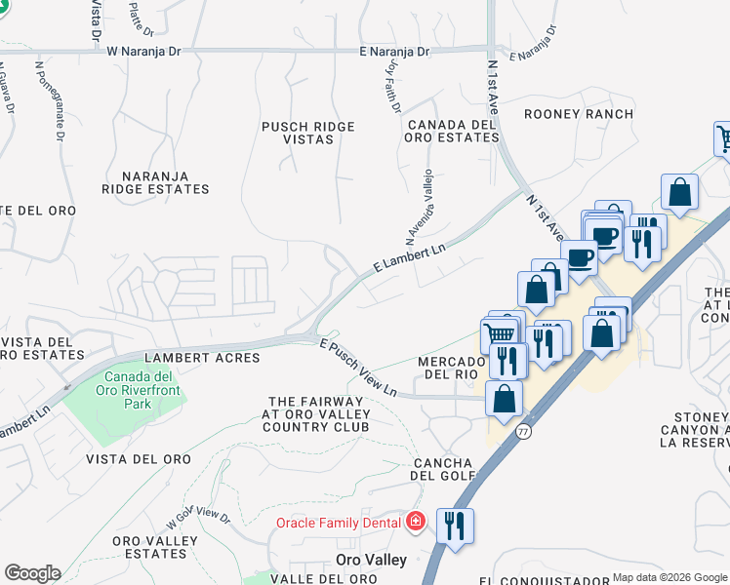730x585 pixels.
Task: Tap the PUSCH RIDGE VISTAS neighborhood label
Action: click(307, 133)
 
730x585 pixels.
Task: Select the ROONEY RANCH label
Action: click(578, 114)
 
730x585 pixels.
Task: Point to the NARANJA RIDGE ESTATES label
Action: click(144, 182)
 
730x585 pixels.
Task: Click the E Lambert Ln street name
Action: click(409, 256)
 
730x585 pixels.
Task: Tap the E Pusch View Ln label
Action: click(358, 368)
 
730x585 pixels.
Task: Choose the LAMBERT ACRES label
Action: click(202, 358)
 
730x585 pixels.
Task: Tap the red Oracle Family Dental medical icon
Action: click(416, 523)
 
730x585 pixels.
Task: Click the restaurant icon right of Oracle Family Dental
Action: click(455, 525)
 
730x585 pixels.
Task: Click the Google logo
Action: click(32, 573)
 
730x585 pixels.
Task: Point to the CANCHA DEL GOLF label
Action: click(444, 469)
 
